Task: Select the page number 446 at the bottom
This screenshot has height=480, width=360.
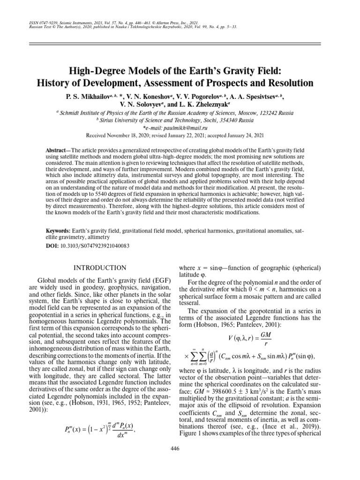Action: [x=180, y=448]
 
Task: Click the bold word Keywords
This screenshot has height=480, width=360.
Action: [x=58, y=232]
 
